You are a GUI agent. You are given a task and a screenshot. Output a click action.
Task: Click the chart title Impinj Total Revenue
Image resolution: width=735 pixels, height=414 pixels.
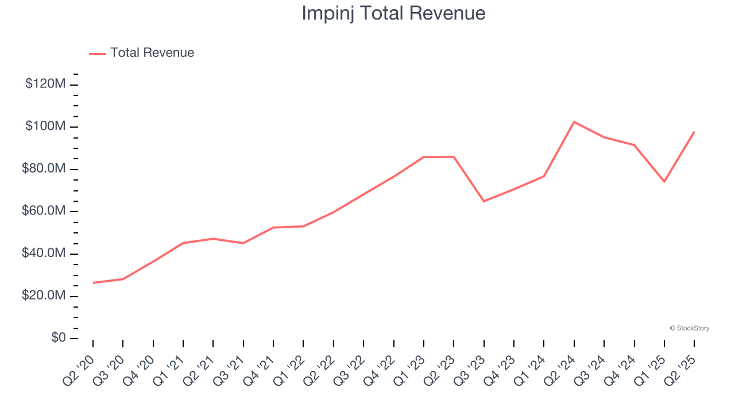(393, 13)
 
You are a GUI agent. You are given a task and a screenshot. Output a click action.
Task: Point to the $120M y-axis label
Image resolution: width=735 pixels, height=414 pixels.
(45, 84)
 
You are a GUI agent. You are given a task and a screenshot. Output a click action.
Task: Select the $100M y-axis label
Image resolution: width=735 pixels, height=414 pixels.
(45, 126)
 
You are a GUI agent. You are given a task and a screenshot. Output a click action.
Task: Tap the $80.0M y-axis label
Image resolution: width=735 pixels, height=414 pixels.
(44, 169)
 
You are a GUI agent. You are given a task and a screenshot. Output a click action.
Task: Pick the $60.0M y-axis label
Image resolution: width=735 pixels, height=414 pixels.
(44, 211)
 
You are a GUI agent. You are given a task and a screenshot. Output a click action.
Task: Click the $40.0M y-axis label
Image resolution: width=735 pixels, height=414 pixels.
(44, 254)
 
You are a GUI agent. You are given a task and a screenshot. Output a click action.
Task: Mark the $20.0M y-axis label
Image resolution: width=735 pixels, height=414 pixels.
(44, 296)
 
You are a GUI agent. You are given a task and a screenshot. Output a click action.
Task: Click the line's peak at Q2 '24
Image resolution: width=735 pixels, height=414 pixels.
(574, 122)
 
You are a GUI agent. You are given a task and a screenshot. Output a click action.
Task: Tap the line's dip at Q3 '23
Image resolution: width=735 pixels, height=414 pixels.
(484, 201)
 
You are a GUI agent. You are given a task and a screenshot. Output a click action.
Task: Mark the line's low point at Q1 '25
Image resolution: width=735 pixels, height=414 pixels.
(664, 182)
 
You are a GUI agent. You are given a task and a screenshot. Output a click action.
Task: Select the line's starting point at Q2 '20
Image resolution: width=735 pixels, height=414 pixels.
(93, 283)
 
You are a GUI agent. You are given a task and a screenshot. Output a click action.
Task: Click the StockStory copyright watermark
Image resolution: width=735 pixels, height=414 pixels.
(689, 328)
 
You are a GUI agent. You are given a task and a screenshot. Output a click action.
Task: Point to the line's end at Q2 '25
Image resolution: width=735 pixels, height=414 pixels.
(694, 132)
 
